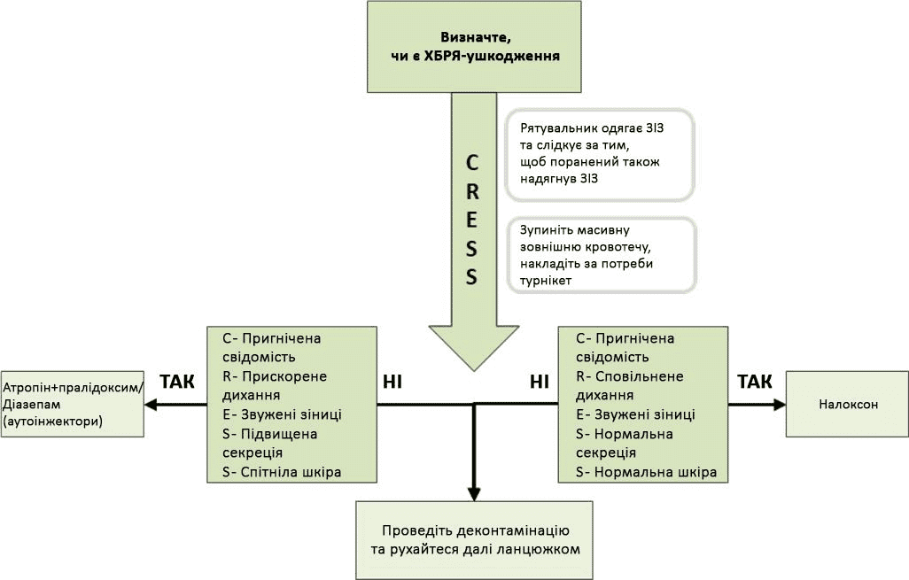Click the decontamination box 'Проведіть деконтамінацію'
475,540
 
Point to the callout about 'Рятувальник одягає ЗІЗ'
599,153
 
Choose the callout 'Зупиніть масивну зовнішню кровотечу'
600,255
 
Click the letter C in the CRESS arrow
472,164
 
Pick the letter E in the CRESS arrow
472,220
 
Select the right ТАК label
755,382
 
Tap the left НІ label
393,382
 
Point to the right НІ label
539,382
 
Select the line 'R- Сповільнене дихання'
629,386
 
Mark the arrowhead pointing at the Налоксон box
780,404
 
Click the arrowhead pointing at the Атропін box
151,405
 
